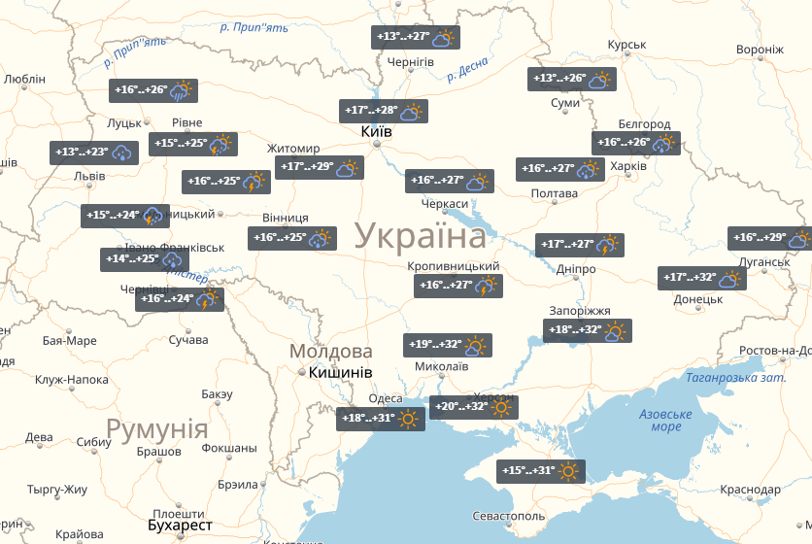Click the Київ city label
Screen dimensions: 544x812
(x=376, y=131)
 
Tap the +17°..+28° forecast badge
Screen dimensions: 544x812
(x=384, y=112)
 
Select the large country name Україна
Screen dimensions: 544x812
(x=421, y=236)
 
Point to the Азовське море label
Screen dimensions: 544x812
(x=666, y=420)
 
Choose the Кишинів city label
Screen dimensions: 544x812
(x=341, y=372)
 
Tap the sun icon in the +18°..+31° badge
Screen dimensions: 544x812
(x=408, y=420)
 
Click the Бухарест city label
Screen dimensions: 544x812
(x=180, y=525)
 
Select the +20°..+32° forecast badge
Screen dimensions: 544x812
(x=474, y=407)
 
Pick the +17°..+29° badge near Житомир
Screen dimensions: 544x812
(x=319, y=168)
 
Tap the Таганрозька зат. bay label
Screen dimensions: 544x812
(x=734, y=378)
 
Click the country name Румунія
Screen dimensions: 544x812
(x=157, y=428)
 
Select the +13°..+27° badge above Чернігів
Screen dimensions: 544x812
(x=417, y=38)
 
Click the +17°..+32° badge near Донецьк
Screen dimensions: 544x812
(x=701, y=279)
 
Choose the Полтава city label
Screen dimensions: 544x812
(x=555, y=194)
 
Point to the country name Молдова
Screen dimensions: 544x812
(x=331, y=351)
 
